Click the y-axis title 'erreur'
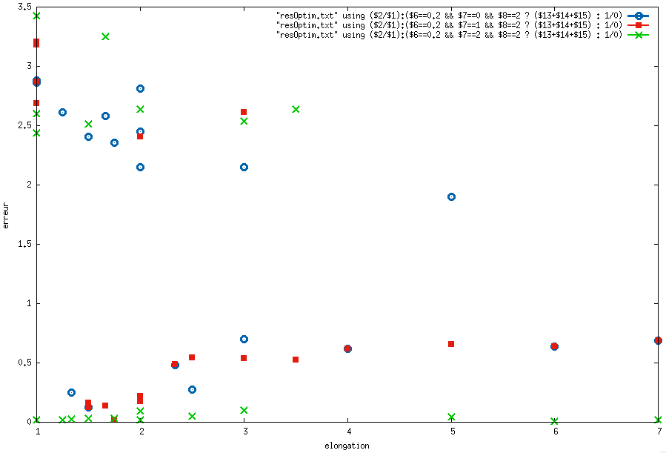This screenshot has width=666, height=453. point(6,214)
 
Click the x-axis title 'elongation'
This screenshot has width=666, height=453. point(347,446)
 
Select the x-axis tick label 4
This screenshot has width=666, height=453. point(347,431)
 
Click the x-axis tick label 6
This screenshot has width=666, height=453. point(555,431)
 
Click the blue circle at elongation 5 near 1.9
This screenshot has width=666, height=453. point(451,196)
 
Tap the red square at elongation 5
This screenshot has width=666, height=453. point(451,344)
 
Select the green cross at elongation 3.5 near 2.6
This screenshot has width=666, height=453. point(296,109)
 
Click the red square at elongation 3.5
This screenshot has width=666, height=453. point(296,360)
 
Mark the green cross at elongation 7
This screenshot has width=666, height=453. point(658,420)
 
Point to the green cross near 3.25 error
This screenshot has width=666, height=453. point(105,36)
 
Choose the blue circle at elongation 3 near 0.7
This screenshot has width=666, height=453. point(244,339)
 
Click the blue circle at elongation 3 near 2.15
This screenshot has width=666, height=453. point(244,167)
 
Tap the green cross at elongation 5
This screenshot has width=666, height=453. point(451,417)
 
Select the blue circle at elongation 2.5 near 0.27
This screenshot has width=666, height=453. point(192,389)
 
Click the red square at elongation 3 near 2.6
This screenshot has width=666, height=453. point(244,112)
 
